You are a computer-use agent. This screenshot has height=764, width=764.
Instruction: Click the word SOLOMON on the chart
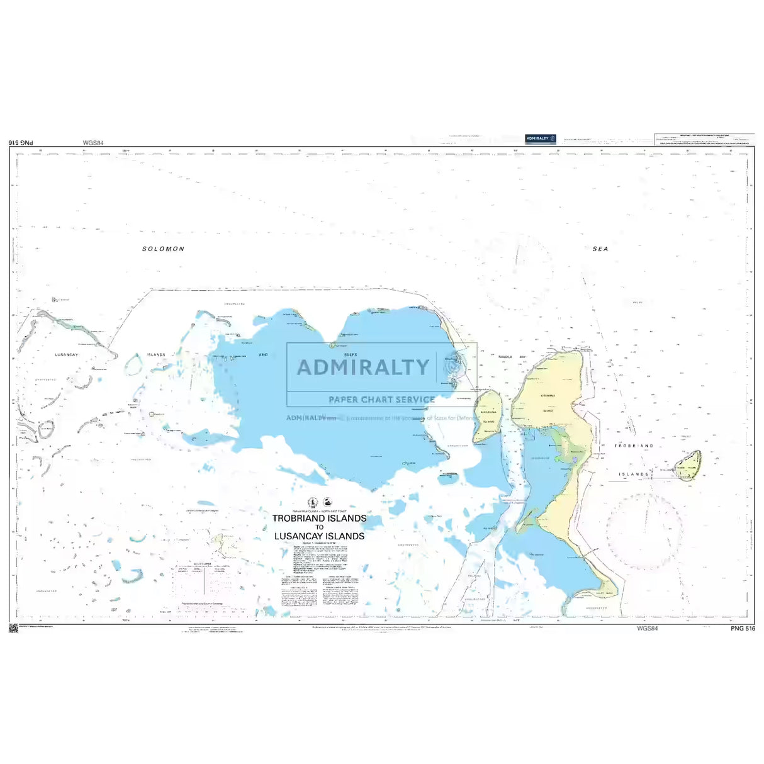pos(163,249)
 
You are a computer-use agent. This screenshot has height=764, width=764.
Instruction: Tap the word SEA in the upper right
pos(600,249)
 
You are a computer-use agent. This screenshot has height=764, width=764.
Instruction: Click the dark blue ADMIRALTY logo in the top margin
pos(541,138)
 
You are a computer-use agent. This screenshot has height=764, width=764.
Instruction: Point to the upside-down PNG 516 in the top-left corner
pos(21,143)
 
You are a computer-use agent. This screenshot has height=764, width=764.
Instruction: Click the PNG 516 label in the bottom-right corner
pos(743,628)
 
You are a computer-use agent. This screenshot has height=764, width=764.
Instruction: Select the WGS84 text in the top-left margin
pos(93,143)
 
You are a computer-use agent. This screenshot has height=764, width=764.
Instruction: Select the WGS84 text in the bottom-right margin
pos(647,628)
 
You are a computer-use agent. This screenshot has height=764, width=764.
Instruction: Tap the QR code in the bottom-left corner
pos(13,628)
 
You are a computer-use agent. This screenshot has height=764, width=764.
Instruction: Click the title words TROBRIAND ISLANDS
pos(319,519)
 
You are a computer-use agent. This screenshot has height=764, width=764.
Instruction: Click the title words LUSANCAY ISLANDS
pos(319,536)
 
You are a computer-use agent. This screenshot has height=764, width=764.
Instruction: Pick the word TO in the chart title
pos(319,527)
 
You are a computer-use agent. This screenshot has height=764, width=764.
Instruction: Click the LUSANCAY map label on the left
pos(66,355)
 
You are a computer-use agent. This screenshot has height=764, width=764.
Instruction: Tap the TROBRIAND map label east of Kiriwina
pos(634,446)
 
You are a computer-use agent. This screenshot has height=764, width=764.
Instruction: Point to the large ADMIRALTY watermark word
pos(362,368)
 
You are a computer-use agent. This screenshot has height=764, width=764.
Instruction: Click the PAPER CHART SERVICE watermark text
pos(381,400)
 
